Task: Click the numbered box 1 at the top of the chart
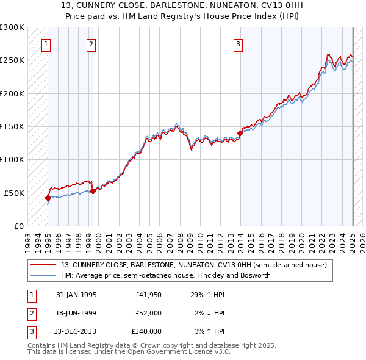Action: (x=46, y=44)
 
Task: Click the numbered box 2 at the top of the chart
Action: (x=91, y=44)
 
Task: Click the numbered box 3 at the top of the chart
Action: (x=238, y=44)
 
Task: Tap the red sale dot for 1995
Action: (x=48, y=198)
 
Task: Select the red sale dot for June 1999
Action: (x=93, y=191)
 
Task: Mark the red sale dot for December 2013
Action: (x=240, y=134)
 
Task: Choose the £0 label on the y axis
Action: (x=19, y=226)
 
